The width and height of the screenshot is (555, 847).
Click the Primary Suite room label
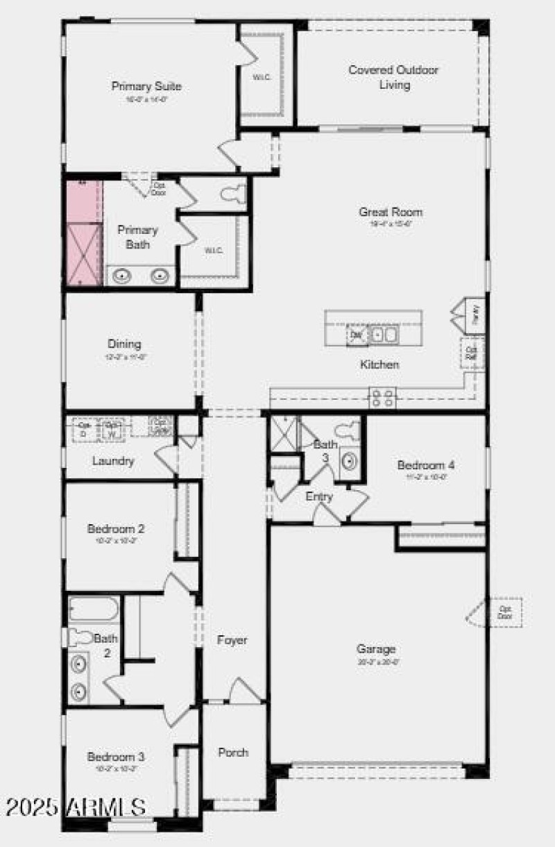[x=146, y=87]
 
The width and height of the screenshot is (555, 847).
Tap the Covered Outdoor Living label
[x=393, y=77]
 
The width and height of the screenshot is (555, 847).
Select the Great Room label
[x=391, y=212]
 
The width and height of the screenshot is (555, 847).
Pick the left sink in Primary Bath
[x=122, y=276]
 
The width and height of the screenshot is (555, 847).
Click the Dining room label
[x=124, y=344]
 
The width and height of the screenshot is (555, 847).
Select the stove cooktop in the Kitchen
[x=382, y=398]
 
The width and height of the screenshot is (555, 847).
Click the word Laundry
[x=113, y=460]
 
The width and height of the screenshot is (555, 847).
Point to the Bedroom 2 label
[x=116, y=529]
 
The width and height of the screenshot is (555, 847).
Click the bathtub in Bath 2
[x=94, y=609]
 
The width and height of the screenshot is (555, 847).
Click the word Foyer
[x=232, y=640]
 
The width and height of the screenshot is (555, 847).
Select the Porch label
[x=233, y=753]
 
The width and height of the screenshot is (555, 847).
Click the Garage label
[x=377, y=649]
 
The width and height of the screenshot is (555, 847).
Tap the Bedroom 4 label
[x=426, y=465]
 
